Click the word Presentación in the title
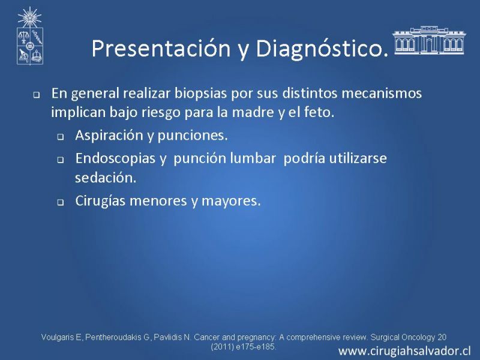point(161,48)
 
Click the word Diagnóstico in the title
point(320,49)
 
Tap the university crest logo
point(29,36)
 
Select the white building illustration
point(429,40)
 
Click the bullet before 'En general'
point(37,95)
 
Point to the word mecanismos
point(382,93)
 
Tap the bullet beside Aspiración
point(61,137)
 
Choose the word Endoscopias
point(115,158)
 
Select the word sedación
point(106,178)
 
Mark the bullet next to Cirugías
point(61,203)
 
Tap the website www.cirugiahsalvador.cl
point(404,351)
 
